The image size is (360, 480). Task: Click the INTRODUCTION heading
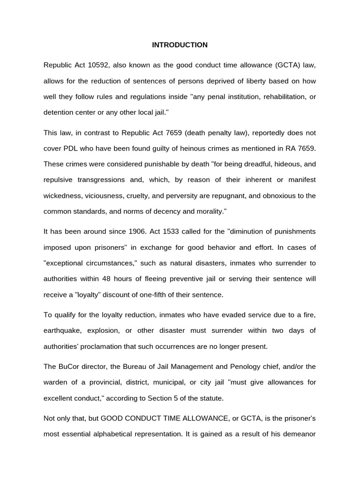180,45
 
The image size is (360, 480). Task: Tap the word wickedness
64,195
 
